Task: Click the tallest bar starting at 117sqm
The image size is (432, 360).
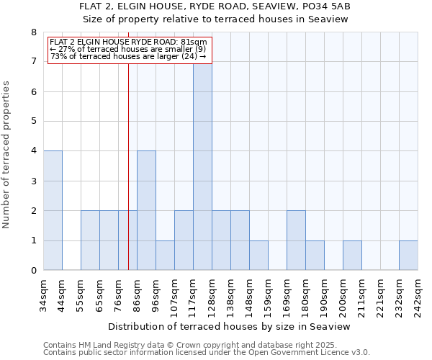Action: [202, 166]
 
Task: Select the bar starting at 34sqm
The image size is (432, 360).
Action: [53, 210]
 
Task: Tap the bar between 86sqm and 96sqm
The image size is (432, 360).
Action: [146, 210]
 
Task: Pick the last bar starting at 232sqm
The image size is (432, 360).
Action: [408, 256]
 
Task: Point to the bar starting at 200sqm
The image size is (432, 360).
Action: [352, 256]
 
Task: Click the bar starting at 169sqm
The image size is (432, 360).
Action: [296, 240]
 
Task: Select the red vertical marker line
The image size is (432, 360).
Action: [128, 180]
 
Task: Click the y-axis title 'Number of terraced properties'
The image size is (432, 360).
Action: [7, 154]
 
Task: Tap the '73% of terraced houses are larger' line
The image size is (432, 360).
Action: [128, 56]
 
